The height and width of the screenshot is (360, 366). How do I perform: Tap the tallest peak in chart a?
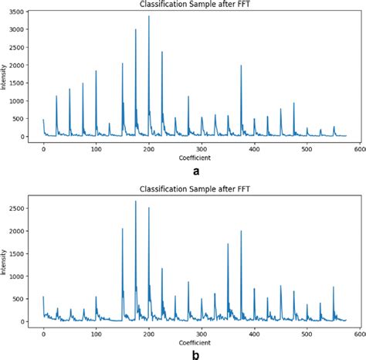149,16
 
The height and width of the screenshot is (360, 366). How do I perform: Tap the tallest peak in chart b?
136,202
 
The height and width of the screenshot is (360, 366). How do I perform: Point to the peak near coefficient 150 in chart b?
122,229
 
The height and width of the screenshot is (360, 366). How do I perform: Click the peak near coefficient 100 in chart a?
96,72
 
